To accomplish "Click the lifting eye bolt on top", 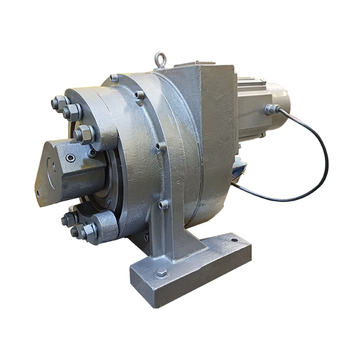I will click(x=160, y=60).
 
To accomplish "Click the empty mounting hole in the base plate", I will click(x=234, y=240).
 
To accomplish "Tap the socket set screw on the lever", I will click(x=71, y=157).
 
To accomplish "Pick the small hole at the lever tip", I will click(x=38, y=194).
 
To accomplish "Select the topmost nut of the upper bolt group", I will click(x=59, y=103).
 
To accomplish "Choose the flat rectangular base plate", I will click(x=192, y=269).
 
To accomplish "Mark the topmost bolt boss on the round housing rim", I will click(x=114, y=78).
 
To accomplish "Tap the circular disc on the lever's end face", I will click(x=52, y=168).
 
